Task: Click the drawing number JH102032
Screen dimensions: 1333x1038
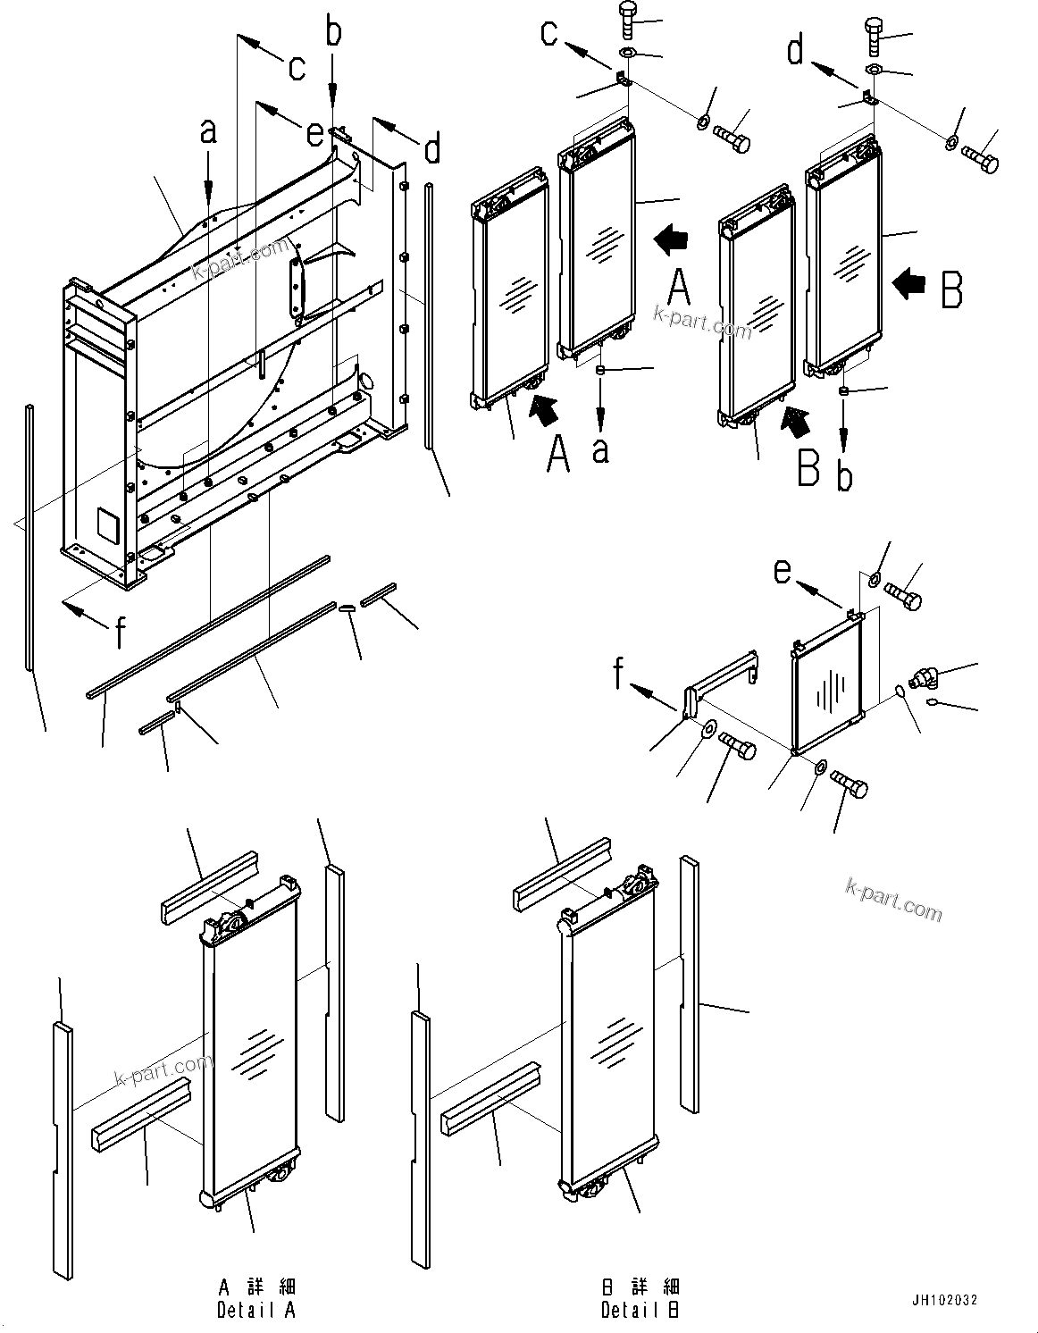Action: [944, 1301]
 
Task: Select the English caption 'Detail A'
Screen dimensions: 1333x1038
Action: [255, 1310]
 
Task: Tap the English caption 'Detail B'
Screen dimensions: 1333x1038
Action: [640, 1310]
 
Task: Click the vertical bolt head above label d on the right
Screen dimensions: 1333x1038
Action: [875, 35]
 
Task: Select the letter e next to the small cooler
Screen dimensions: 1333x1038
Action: [782, 569]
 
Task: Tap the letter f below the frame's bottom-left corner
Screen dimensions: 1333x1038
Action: [119, 631]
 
